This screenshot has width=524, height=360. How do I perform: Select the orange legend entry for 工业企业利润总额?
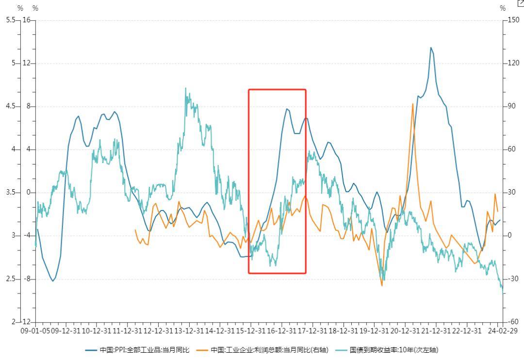tap(269, 350)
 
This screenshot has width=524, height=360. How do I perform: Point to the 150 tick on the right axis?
tap(513, 20)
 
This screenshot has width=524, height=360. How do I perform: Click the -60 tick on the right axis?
tap(513, 322)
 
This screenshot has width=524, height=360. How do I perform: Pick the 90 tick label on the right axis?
tap(512, 106)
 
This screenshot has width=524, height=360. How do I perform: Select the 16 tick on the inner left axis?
tap(26, 20)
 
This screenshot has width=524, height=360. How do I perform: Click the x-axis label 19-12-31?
tap(374, 331)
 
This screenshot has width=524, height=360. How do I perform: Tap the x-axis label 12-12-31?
tap(158, 331)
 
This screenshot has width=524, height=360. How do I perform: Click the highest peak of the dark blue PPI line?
tap(430, 48)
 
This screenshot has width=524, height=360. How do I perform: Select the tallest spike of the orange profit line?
tap(413, 104)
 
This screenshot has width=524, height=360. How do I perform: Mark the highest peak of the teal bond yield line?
tap(186, 88)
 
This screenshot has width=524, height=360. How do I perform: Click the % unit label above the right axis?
tap(503, 8)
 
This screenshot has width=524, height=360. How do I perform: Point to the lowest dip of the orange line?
tap(382, 285)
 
